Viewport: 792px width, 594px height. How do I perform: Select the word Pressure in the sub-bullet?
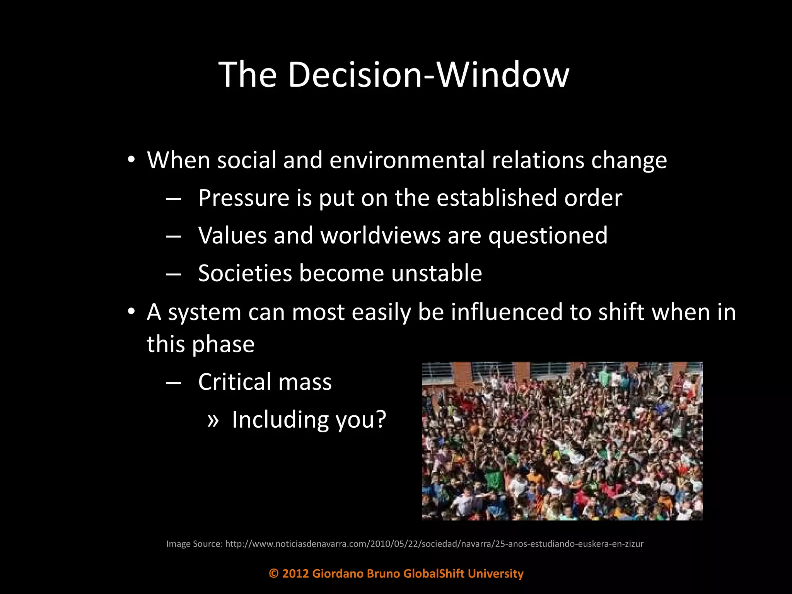coord(244,198)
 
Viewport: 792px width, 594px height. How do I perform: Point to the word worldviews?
coord(381,236)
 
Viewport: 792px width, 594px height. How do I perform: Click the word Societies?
coord(245,273)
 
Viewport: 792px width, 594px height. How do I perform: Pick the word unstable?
coord(437,273)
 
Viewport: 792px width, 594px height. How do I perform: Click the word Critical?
coord(235,382)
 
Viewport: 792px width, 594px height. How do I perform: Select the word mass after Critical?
coord(305,382)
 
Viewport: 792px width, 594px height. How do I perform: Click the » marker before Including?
coord(213,420)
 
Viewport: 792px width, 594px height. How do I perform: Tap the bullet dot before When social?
coord(131,160)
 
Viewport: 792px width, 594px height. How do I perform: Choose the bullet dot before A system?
coord(131,312)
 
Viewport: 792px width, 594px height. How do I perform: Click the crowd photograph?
coord(562,441)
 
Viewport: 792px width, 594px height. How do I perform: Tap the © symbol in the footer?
coord(274,574)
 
